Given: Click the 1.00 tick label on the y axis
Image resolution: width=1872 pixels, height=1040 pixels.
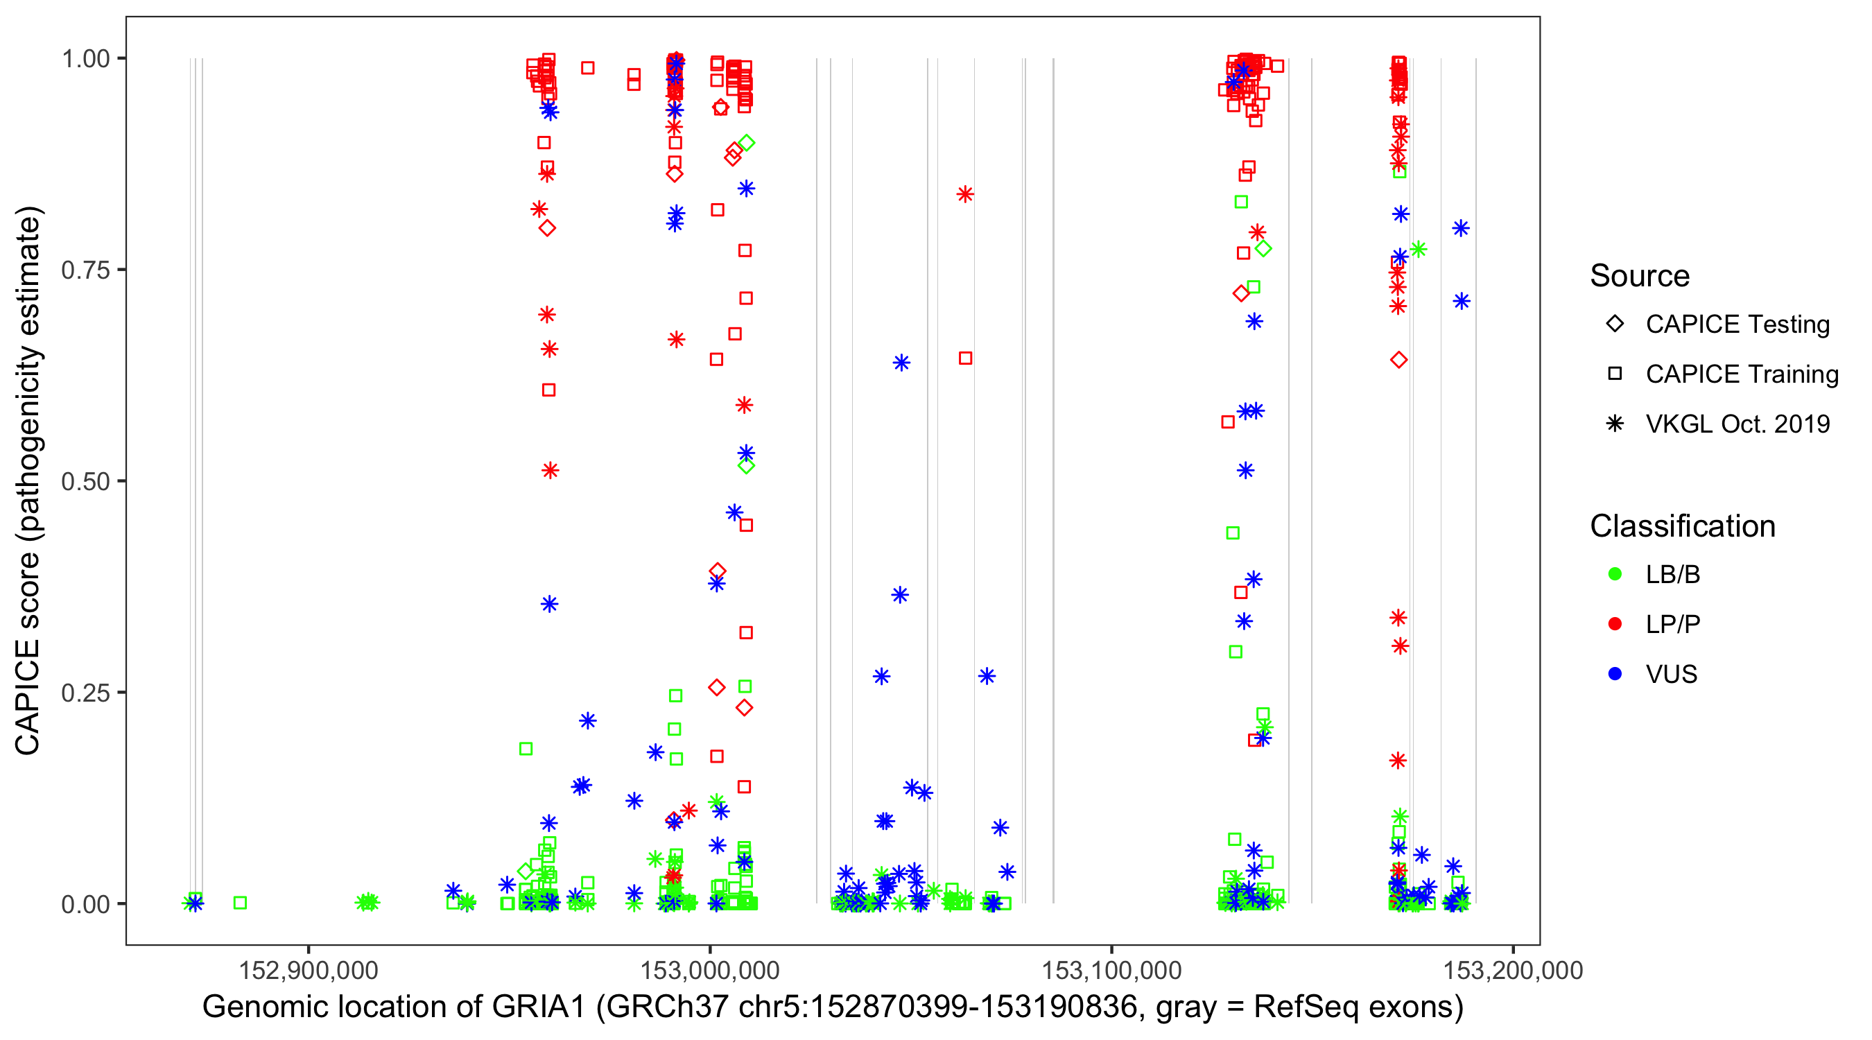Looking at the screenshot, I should click(x=85, y=58).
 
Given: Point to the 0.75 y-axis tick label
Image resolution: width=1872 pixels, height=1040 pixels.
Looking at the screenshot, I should click(x=85, y=270).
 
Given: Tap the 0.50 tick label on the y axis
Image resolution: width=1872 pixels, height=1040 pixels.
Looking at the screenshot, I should click(x=85, y=481).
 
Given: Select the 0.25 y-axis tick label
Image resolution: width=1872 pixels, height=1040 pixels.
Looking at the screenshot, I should click(x=85, y=693).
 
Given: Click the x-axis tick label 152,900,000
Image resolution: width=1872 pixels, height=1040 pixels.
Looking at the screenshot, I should click(x=308, y=969).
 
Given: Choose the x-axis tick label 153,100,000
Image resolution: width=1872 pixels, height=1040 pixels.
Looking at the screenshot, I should click(x=1111, y=969).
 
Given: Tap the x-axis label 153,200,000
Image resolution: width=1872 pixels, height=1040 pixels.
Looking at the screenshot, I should click(x=1512, y=969).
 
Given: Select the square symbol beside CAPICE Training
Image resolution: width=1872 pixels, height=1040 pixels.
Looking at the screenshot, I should click(x=1615, y=374).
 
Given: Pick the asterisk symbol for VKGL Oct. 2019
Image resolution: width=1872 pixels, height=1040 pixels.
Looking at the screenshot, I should click(x=1615, y=424).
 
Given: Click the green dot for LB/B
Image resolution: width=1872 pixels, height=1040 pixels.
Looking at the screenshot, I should click(x=1615, y=574).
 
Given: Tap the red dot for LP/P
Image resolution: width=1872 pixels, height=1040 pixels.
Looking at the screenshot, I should click(x=1615, y=624).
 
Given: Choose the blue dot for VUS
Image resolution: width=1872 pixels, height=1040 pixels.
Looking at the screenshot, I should click(x=1615, y=674).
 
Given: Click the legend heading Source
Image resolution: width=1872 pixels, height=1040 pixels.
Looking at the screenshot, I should click(x=1640, y=276).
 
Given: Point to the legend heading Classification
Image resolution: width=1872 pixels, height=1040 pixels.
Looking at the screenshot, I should click(x=1682, y=526).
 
